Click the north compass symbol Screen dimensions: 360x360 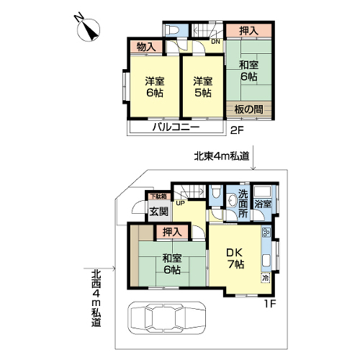tap(88, 29)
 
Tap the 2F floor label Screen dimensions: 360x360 tap(237, 130)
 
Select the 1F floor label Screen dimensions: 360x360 tap(270, 305)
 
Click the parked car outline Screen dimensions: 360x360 tap(167, 318)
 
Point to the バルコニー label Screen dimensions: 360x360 tap(176, 127)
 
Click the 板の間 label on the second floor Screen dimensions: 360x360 tap(248, 109)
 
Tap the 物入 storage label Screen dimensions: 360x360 tap(146, 47)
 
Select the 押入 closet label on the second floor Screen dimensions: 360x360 tap(249, 31)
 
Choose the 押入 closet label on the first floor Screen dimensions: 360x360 tap(172, 232)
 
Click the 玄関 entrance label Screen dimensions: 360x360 tap(158, 212)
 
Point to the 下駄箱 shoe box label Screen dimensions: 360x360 tap(158, 197)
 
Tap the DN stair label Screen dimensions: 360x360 tap(215, 42)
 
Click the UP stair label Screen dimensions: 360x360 tap(180, 203)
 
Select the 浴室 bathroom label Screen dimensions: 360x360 tap(263, 204)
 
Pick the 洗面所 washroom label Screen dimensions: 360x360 tap(243, 204)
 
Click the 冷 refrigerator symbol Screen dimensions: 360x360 tap(266, 278)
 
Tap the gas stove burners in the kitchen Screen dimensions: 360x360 tap(266, 232)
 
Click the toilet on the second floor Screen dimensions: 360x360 tap(172, 30)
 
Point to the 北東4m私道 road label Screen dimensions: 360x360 tap(222, 156)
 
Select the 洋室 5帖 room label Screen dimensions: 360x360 tap(203, 87)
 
